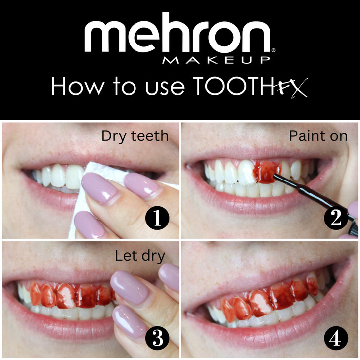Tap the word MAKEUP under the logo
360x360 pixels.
pyautogui.click(x=216, y=60)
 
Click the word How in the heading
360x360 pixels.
pyautogui.click(x=78, y=86)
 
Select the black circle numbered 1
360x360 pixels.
pyautogui.click(x=157, y=218)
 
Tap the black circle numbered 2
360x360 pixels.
pyautogui.click(x=336, y=218)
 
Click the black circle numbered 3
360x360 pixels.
pyautogui.click(x=157, y=338)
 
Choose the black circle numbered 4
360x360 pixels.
pyautogui.click(x=336, y=338)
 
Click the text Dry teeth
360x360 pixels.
pyautogui.click(x=135, y=136)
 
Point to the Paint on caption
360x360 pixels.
pyautogui.click(x=318, y=136)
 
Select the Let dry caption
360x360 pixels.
pyautogui.click(x=140, y=256)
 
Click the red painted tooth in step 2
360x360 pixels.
pyautogui.click(x=267, y=172)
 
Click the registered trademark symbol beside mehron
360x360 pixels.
pyautogui.click(x=273, y=50)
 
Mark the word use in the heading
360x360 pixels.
pyautogui.click(x=165, y=89)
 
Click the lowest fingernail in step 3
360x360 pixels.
pyautogui.click(x=128, y=321)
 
